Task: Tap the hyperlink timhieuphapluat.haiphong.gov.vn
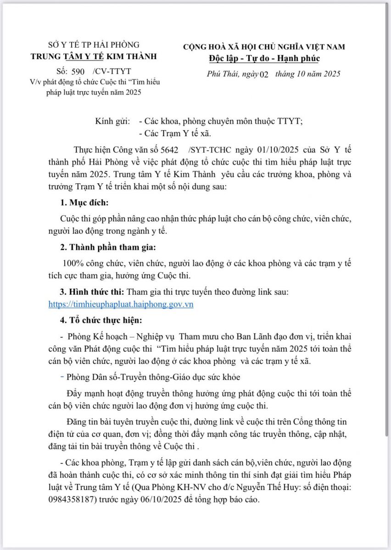point(121,304)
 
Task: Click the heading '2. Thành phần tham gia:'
point(108,247)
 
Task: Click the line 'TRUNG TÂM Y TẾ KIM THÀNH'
point(93,56)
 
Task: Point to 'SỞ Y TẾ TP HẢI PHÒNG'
point(93,45)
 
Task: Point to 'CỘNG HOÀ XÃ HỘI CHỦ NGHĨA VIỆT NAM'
point(264,46)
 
